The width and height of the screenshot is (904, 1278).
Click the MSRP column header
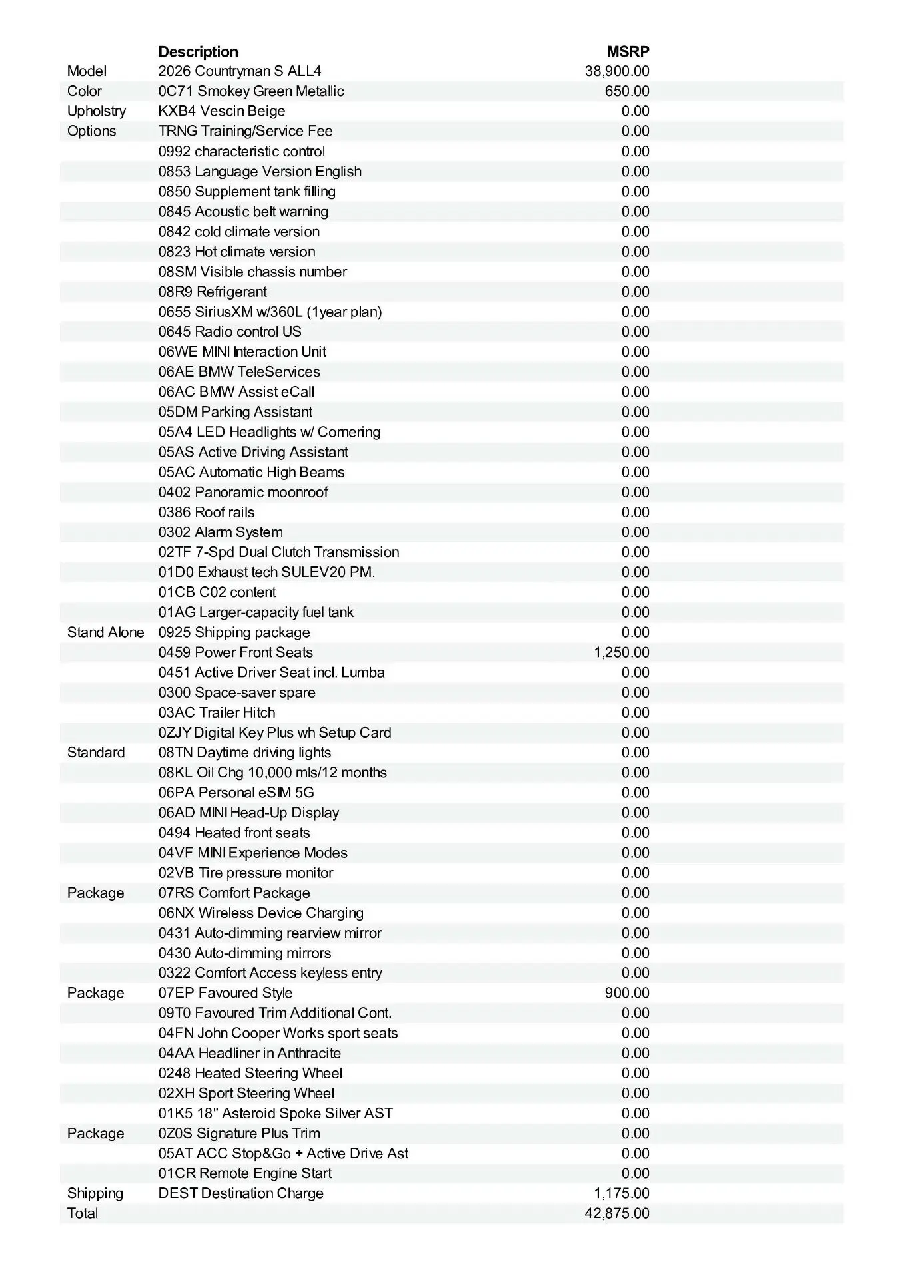(x=628, y=52)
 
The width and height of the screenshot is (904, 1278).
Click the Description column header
(x=198, y=52)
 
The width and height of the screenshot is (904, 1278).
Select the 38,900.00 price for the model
(x=617, y=71)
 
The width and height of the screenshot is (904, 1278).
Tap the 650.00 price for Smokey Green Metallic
(x=627, y=91)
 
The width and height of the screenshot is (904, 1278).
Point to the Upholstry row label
(x=97, y=111)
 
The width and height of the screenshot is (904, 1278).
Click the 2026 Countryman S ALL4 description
(x=240, y=71)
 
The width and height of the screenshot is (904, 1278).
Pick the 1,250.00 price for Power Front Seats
(x=622, y=652)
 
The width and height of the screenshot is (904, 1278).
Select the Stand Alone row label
(x=105, y=632)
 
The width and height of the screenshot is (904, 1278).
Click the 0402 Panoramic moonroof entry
(x=243, y=492)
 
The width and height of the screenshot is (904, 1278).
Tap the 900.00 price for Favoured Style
(x=627, y=993)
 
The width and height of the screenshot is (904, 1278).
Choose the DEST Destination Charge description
(x=241, y=1193)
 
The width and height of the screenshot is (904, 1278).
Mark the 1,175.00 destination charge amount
(x=622, y=1193)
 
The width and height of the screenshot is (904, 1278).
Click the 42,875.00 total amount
(x=617, y=1213)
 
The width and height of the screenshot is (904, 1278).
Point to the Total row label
(x=83, y=1213)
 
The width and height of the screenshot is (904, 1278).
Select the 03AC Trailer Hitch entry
(x=217, y=712)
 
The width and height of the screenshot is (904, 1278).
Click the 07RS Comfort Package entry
(x=234, y=893)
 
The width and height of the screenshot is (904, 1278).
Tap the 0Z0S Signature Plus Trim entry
(x=239, y=1133)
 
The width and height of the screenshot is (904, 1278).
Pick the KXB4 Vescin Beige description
(x=222, y=111)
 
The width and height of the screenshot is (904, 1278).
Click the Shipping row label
(x=95, y=1193)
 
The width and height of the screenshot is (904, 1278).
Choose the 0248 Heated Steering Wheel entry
(x=250, y=1073)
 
